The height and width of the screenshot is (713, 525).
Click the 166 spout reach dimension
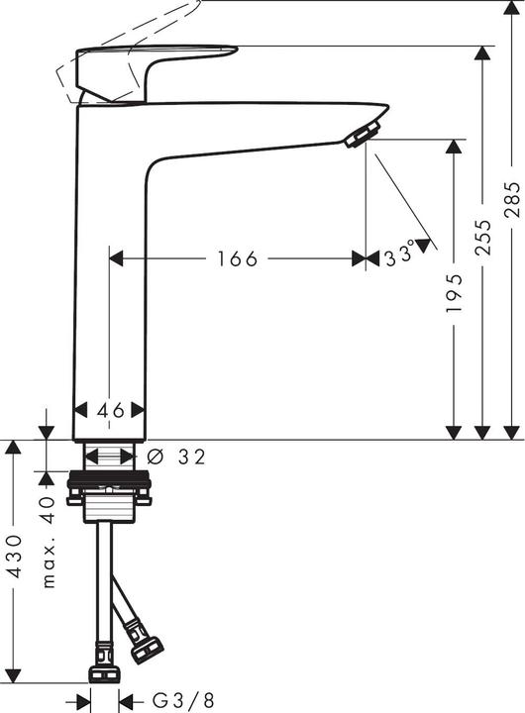(x=237, y=258)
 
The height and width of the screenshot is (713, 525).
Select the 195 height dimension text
(x=454, y=293)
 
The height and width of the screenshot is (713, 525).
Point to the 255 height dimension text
(x=482, y=238)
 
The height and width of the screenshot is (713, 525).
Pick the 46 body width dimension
(x=110, y=410)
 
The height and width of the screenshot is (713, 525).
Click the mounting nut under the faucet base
(x=109, y=489)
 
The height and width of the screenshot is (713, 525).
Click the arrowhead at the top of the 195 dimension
(x=454, y=147)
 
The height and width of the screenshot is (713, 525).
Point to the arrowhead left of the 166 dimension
(x=115, y=258)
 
